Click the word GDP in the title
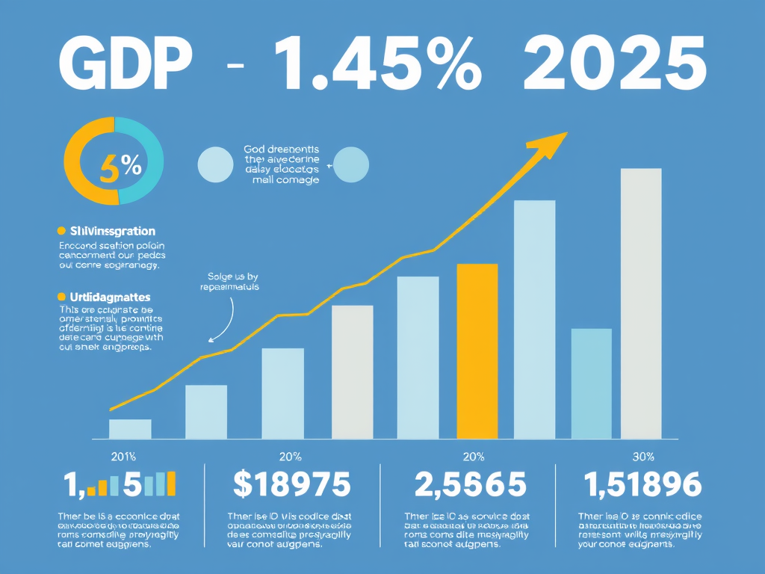tap(123, 66)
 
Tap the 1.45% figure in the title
tap(377, 66)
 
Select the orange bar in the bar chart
tap(477, 351)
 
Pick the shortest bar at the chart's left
tap(130, 428)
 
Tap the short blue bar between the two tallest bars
tap(591, 383)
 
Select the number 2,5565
tap(469, 485)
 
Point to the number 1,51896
tap(643, 485)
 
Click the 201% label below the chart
tap(123, 457)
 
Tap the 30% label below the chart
tap(642, 457)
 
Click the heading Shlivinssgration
tap(112, 232)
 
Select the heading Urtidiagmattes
tap(110, 297)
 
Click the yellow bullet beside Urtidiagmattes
tap(62, 297)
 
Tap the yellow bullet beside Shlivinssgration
tap(62, 232)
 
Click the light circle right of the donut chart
tap(215, 164)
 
